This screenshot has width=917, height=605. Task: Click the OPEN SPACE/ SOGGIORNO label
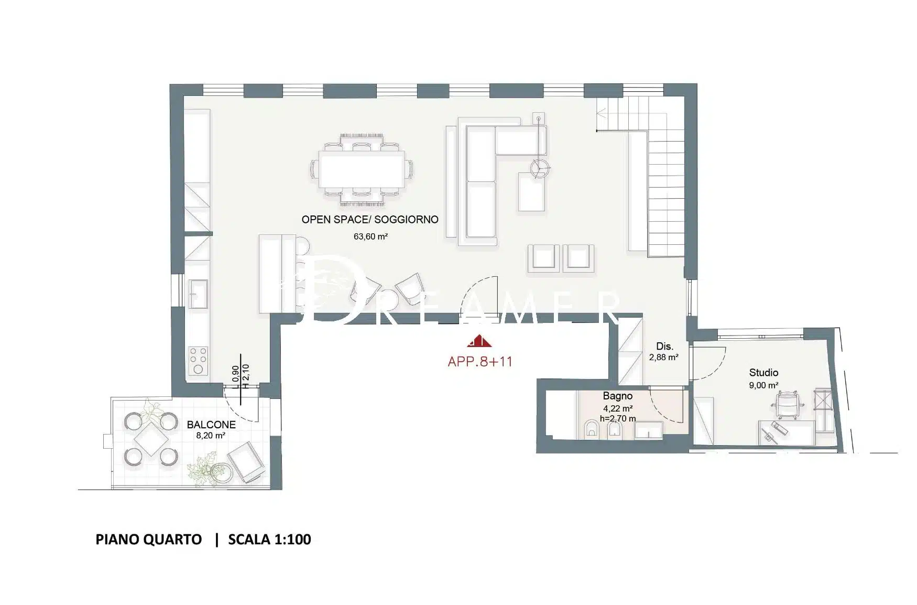coord(370,220)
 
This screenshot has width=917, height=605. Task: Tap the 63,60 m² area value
coord(370,236)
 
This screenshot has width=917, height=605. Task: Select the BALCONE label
coord(211,425)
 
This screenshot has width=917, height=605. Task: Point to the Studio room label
coord(763,373)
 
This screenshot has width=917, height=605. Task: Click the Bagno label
coord(617,396)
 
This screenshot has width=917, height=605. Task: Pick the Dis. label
coord(664,347)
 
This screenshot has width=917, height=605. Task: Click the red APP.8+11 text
coord(480,361)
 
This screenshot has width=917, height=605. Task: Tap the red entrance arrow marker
coord(479,341)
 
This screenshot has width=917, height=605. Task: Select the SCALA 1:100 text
coord(269,539)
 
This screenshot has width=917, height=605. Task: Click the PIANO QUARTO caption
coord(149,539)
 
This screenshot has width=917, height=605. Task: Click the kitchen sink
coord(198,294)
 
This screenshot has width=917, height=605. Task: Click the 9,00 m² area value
coord(763,385)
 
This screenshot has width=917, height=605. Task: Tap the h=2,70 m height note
coord(618,418)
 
